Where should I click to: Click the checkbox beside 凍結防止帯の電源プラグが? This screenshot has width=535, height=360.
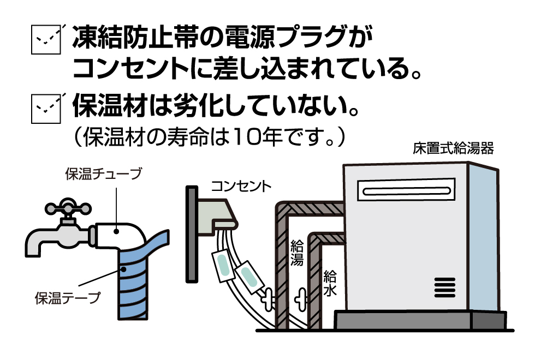[x=46, y=39]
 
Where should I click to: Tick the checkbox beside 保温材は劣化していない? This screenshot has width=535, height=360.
[x=46, y=109]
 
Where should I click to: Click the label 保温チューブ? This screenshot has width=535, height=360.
[x=103, y=174]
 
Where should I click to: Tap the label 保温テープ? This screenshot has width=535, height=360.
[x=68, y=298]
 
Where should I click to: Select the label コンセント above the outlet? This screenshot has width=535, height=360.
[x=241, y=186]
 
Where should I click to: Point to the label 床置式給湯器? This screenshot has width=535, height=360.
[x=453, y=148]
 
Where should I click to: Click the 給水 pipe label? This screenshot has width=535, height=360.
[x=330, y=283]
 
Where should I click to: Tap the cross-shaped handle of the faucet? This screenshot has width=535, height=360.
[x=68, y=208]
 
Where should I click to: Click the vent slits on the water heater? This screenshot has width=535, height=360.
[x=445, y=287]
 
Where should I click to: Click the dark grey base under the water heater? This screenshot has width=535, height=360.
[x=421, y=320]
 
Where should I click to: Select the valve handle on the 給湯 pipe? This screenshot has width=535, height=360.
[x=268, y=299]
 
